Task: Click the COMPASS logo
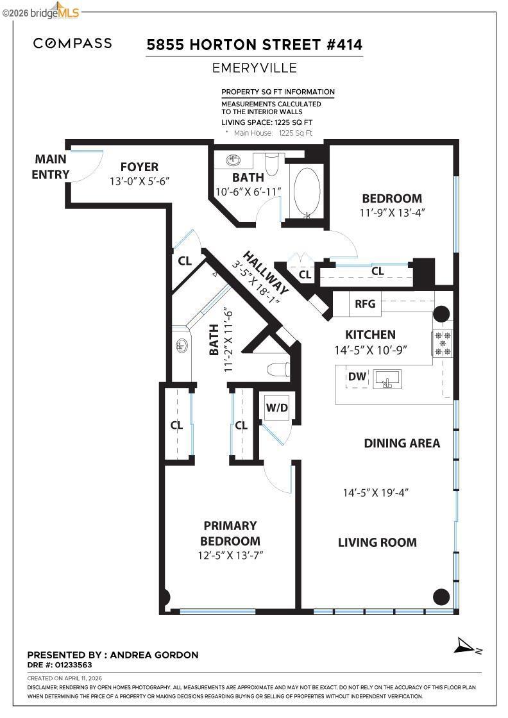72,44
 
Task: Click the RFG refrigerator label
365,304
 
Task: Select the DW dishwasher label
357,376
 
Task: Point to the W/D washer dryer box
277,407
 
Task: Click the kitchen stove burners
443,343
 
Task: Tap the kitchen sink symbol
387,380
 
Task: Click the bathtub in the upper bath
307,192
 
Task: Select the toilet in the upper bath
271,163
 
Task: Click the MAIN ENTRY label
51,167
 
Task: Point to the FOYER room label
139,167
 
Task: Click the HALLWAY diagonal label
266,273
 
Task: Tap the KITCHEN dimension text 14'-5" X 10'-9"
371,350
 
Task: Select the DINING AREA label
402,443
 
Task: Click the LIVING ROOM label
377,542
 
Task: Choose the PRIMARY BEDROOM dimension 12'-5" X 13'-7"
230,555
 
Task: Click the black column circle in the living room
441,596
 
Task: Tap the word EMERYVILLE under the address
255,68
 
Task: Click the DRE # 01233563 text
60,665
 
